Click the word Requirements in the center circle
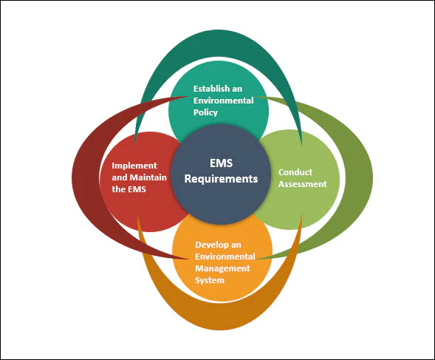point(221,179)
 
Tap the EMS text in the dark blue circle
point(221,163)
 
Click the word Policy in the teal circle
point(205,112)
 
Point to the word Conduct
point(295,172)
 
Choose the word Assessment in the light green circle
point(303,184)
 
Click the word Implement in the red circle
point(134,166)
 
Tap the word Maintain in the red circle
point(148,177)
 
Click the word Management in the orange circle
point(222,268)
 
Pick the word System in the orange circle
point(210,280)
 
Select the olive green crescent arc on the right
point(358,177)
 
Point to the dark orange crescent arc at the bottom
point(219,316)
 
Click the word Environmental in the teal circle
point(223,101)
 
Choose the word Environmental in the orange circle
point(225,257)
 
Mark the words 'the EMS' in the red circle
point(129,189)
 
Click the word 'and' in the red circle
point(120,177)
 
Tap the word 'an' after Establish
point(238,89)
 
